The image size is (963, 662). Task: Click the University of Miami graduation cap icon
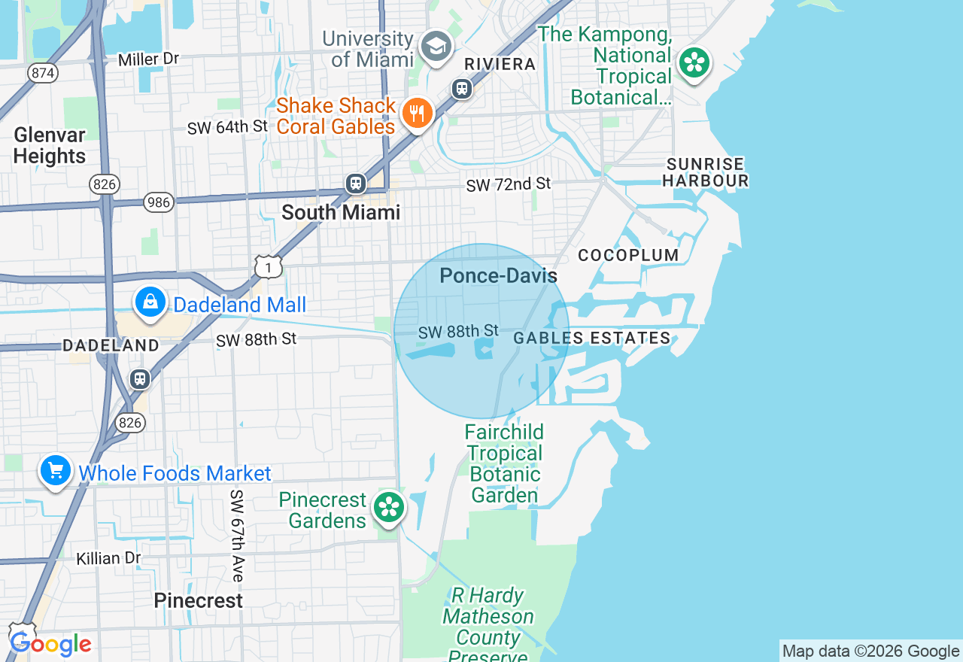point(436,47)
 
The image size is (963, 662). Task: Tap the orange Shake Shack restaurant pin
point(415,114)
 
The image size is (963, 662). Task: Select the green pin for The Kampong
point(694,63)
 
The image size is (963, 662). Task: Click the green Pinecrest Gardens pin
point(389,507)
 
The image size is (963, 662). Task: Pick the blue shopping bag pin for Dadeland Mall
point(150,302)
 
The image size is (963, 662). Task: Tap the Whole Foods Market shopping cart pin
point(56,472)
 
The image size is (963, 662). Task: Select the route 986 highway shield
point(159,202)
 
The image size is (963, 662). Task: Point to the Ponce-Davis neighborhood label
point(498,276)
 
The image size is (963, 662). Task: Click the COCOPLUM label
point(628,255)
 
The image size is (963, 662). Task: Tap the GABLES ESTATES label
point(592,339)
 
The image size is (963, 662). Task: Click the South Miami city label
point(341,212)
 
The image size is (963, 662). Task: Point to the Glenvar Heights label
point(50,145)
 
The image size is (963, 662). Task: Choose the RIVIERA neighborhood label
point(500,65)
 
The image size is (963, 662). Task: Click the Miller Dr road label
point(149,59)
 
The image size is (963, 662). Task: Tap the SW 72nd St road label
point(508,184)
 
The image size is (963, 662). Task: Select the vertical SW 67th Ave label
point(237,536)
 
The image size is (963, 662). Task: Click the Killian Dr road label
point(108,558)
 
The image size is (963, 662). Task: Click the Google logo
point(50,644)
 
